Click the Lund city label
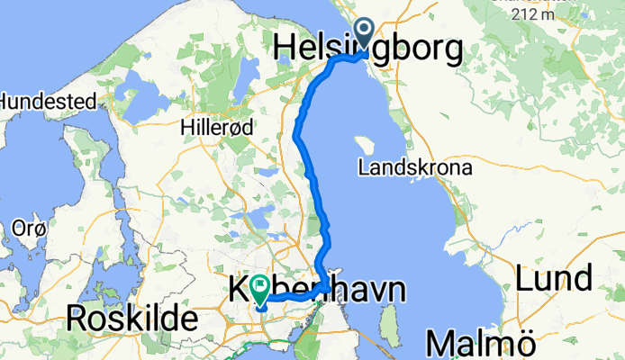coord(555,278)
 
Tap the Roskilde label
coord(131,318)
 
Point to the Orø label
coord(24,229)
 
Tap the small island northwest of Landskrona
coord(364,145)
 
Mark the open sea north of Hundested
coord(90,36)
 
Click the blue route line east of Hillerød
coord(297,135)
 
